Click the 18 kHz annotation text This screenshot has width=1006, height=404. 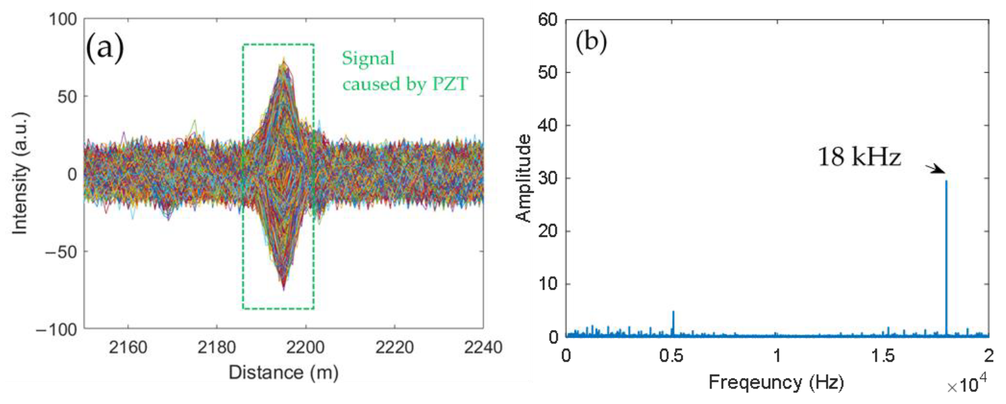click(x=859, y=157)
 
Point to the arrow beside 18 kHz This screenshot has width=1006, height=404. click(x=935, y=169)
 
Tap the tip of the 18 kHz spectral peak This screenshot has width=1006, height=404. click(x=946, y=181)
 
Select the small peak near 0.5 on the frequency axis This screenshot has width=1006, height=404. click(x=673, y=312)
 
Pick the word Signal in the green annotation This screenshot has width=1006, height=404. click(x=368, y=58)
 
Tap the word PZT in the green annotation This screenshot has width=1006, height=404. click(x=449, y=84)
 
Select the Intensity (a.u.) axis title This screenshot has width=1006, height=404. click(x=20, y=174)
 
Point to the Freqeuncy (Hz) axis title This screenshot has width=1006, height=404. click(x=776, y=382)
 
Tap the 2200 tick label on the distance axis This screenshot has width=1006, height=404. click(x=305, y=347)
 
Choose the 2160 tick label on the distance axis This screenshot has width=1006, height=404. click(x=128, y=347)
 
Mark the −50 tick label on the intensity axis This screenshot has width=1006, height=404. click(x=61, y=252)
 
